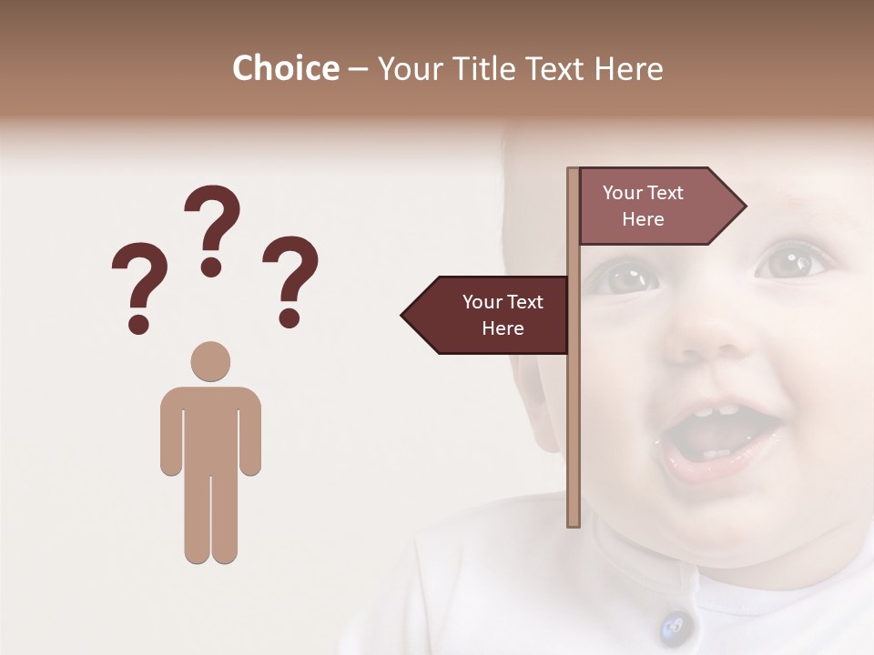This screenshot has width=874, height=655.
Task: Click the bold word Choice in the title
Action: click(x=285, y=68)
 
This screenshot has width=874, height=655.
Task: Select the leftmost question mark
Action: click(x=138, y=277)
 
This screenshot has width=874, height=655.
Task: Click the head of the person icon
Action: click(x=210, y=361)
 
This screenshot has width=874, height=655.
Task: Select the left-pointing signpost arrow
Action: click(x=487, y=315)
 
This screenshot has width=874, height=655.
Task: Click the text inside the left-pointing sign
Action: click(x=502, y=315)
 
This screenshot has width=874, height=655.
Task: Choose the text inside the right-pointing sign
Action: click(x=643, y=206)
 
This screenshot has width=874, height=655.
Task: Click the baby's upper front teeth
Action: click(x=715, y=410)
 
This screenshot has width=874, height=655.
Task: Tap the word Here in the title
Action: click(x=628, y=68)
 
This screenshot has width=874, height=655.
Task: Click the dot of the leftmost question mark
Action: click(x=138, y=323)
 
